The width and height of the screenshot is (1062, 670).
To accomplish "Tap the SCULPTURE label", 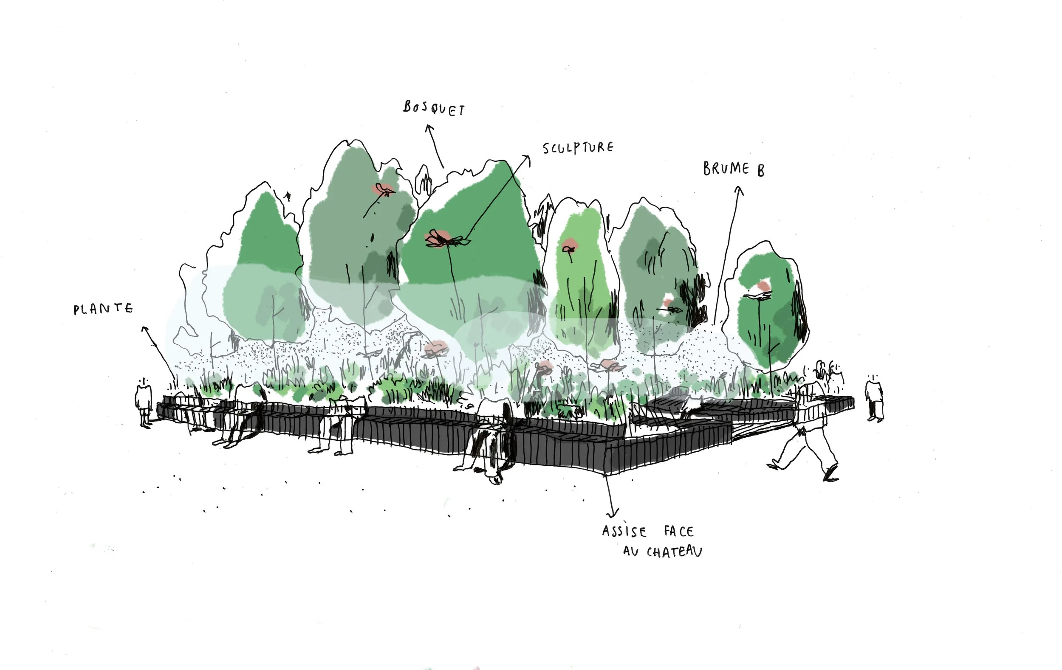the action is pos(578,148).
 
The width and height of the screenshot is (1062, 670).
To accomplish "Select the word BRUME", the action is pos(726,169).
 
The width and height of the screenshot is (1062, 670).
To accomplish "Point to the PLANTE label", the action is pos(103,309).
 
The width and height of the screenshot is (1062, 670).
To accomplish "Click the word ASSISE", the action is pos(624,532).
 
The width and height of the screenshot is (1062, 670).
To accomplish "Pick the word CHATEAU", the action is pos(674,552).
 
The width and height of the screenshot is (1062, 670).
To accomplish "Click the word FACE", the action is pos(679,532).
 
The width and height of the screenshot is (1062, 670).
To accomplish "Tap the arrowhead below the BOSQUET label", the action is pos(429,128).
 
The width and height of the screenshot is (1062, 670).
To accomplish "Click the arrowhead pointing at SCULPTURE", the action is pos(526,158).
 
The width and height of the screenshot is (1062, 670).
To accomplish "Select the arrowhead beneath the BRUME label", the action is pos(739,190).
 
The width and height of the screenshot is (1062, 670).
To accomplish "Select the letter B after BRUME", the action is pos(760,171).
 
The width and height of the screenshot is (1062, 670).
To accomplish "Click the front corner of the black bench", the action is pos(607,473).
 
